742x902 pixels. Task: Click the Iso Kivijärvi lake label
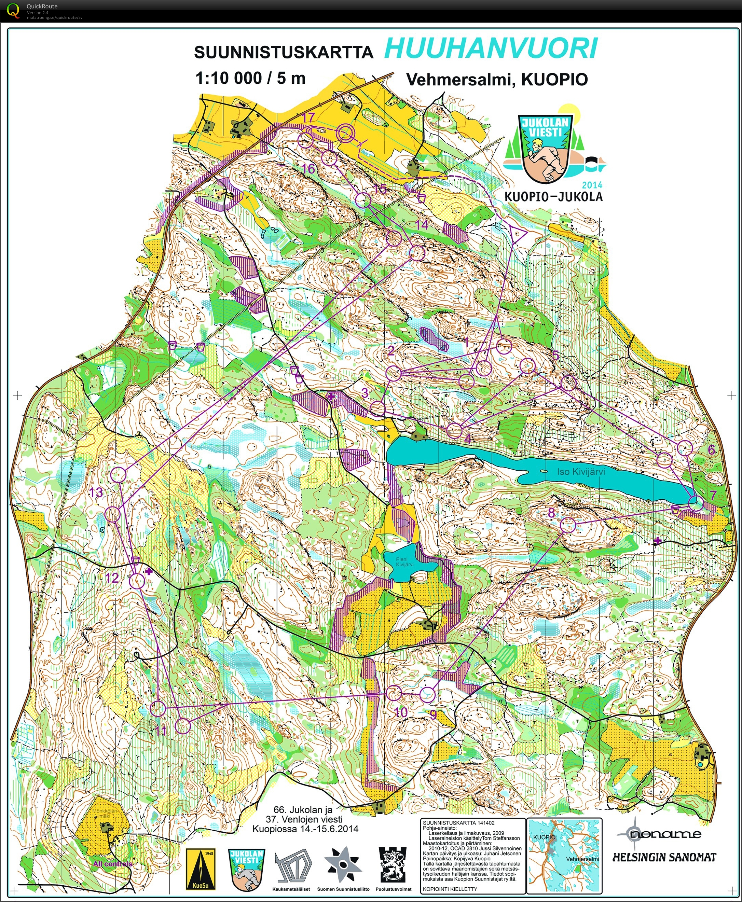(581, 472)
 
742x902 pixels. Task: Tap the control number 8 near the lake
(551, 513)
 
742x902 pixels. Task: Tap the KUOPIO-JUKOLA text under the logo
(553, 196)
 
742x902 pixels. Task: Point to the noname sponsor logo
(658, 833)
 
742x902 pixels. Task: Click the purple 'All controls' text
(112, 863)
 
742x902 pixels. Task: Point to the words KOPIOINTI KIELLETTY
(450, 889)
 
